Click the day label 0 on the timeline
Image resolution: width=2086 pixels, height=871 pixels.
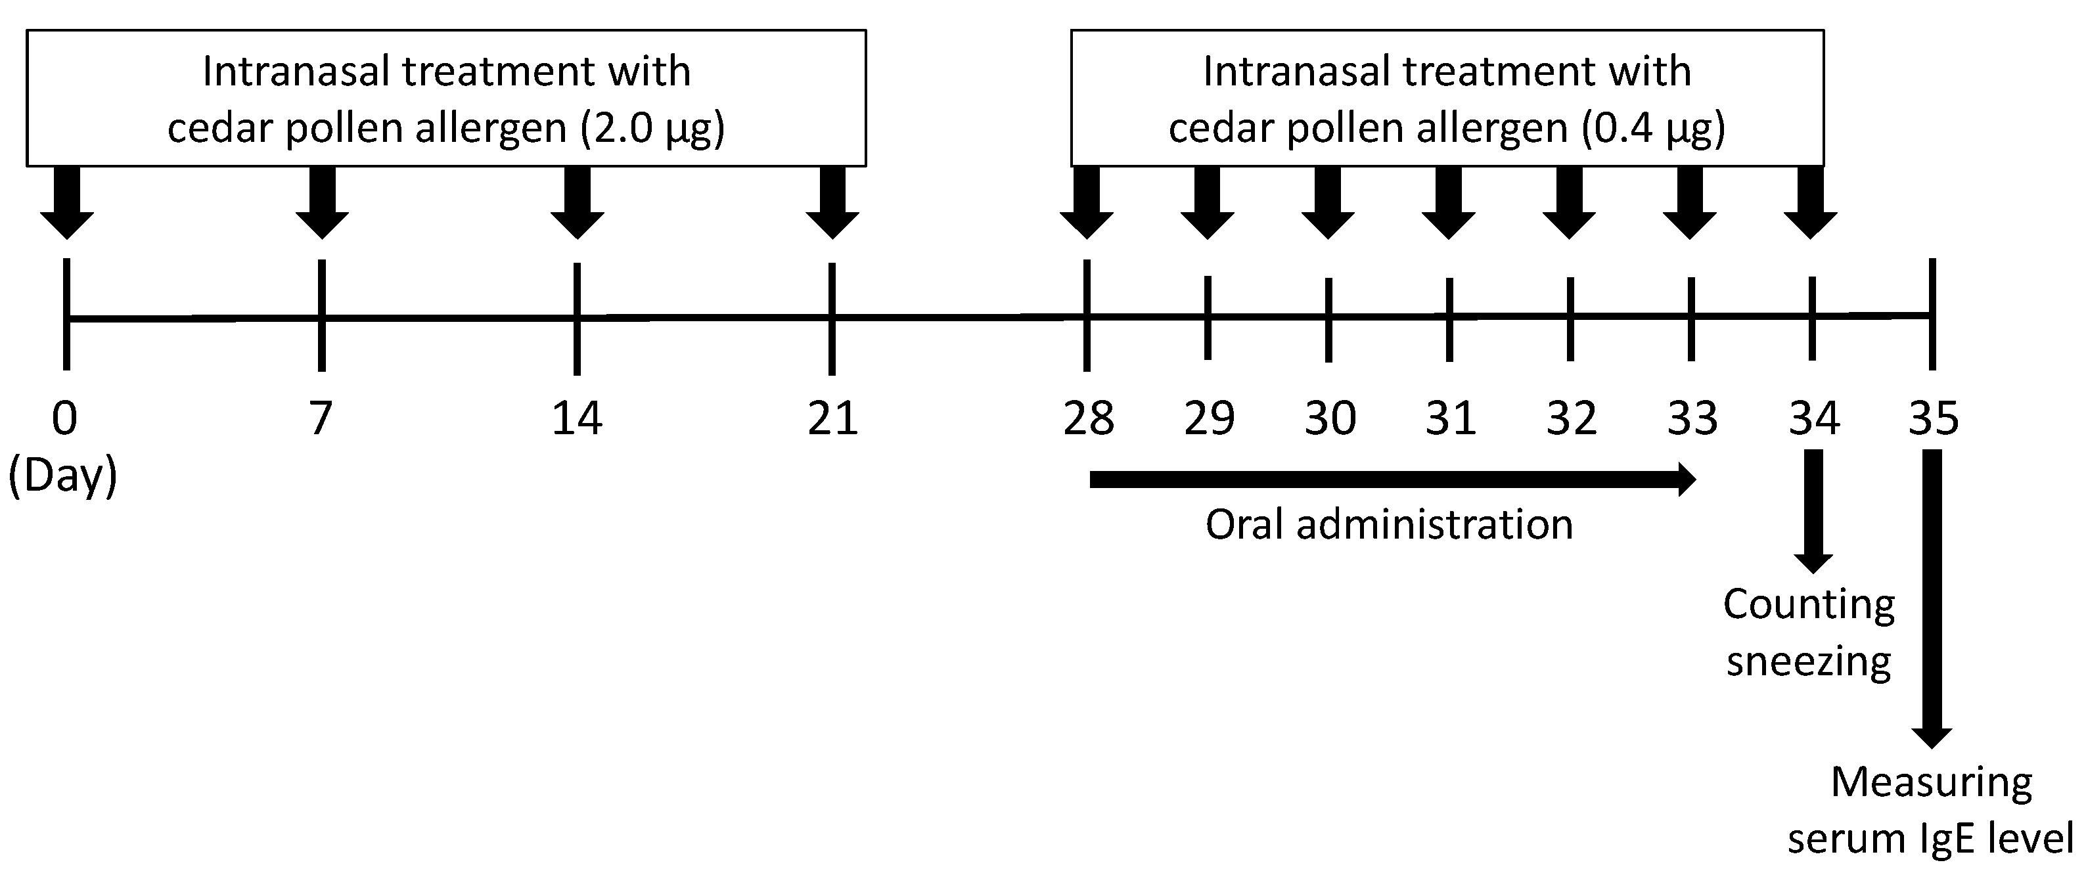pyautogui.click(x=65, y=418)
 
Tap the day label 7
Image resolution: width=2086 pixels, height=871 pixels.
pyautogui.click(x=321, y=418)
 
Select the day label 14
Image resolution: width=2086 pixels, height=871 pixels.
pyautogui.click(x=577, y=418)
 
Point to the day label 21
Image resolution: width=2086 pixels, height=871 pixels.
pyautogui.click(x=832, y=418)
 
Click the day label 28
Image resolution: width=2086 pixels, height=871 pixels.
pyautogui.click(x=1089, y=418)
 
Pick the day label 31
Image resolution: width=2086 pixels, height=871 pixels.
pyautogui.click(x=1450, y=418)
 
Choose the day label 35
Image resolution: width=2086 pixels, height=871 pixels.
pyautogui.click(x=1934, y=418)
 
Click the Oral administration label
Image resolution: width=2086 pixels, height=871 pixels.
pyautogui.click(x=1389, y=525)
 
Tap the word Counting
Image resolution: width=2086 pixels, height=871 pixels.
pyautogui.click(x=1809, y=605)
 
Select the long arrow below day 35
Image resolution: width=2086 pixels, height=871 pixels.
pyautogui.click(x=1932, y=599)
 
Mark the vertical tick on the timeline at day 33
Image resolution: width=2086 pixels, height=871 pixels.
pyautogui.click(x=1691, y=318)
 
